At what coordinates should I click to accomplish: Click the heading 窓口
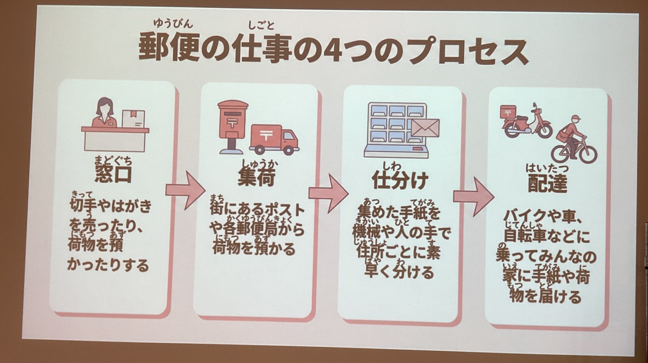tap(113, 174)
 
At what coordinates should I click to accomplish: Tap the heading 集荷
tap(256, 177)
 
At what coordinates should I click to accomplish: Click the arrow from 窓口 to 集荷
tap(185, 190)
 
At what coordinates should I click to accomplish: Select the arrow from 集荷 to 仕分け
tap(328, 193)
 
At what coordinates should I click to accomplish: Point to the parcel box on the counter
tap(133, 119)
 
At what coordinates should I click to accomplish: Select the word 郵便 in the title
tap(169, 47)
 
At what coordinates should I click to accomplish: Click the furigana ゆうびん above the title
tap(173, 23)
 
